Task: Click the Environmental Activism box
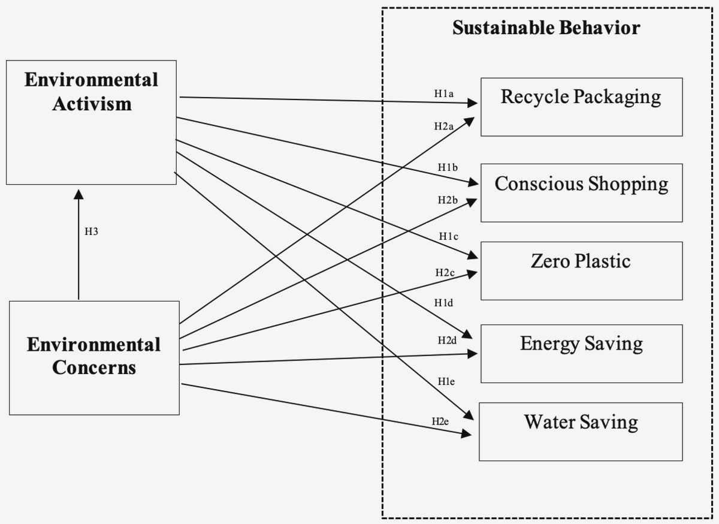91,122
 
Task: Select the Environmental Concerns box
94,357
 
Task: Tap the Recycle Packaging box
581,107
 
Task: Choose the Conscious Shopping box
581,192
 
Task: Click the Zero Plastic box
581,270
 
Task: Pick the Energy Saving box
581,353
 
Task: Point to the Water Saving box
580,431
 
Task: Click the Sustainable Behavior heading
546,28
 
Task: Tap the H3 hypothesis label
91,231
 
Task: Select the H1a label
444,94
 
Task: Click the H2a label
444,127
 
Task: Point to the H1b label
448,167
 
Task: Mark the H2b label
448,200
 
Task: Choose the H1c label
448,237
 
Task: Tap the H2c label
445,273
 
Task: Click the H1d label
443,303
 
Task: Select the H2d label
447,341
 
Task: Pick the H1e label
447,381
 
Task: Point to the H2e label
440,421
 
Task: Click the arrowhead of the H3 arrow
78,195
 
